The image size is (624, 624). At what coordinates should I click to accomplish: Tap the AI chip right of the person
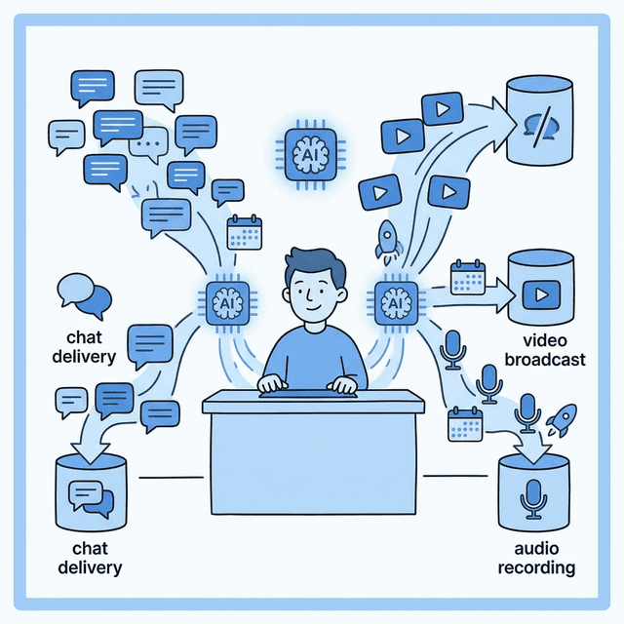coord(395,302)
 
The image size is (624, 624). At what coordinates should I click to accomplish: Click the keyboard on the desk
coord(306,393)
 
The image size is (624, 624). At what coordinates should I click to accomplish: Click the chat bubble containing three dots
coord(149,146)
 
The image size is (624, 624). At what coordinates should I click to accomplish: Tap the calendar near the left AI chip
coord(244,234)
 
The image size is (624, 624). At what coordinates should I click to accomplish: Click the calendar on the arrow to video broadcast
coord(468,278)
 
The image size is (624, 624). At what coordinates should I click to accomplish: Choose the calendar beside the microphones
coord(466,426)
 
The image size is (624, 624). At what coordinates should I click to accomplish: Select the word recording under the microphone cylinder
coord(536,567)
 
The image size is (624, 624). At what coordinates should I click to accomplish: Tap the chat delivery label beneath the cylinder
coord(90,559)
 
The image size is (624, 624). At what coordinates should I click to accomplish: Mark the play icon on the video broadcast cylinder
coord(538,292)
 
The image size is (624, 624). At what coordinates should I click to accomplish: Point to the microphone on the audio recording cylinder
coord(533,498)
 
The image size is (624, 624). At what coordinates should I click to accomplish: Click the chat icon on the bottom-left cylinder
coord(90,498)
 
